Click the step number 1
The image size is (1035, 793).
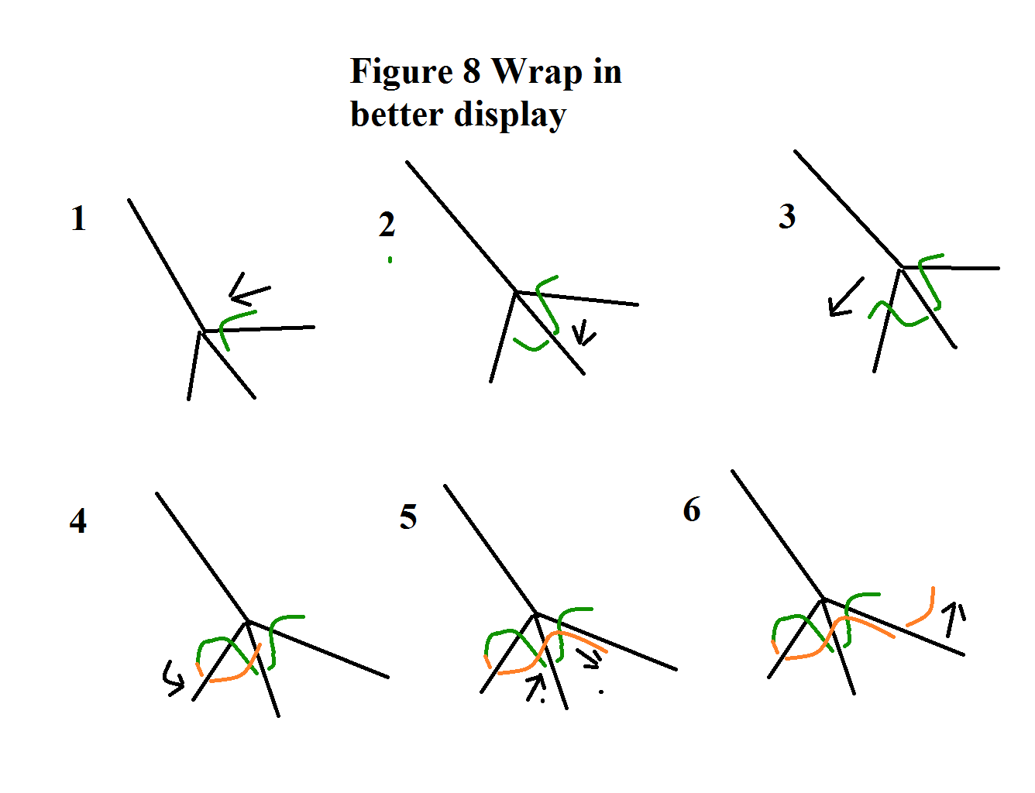pos(78,219)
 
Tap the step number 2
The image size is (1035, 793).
pos(387,225)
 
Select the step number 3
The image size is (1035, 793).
pos(787,217)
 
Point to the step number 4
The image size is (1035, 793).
pos(78,521)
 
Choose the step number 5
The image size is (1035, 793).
pos(408,517)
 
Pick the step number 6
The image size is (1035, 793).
pos(692,510)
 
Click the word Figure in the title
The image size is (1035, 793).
pos(401,72)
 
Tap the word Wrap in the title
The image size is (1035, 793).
pos(537,72)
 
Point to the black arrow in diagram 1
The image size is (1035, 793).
pos(249,290)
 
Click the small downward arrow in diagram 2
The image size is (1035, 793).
pos(583,335)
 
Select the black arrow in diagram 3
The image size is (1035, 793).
pos(845,297)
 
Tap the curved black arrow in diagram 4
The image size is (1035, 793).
pos(173,678)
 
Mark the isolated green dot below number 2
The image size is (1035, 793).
pos(390,260)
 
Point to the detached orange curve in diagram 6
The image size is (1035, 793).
pos(923,609)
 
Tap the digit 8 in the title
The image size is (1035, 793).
pos(471,72)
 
